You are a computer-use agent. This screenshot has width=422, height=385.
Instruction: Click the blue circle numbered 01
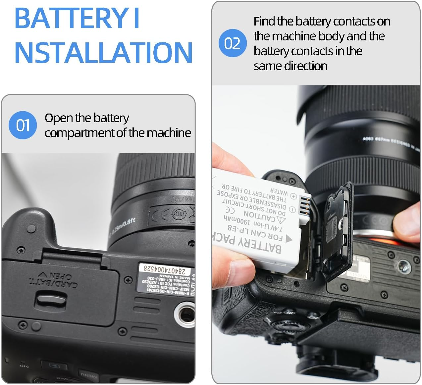tap(23, 125)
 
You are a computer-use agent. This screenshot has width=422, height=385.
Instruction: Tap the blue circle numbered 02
tap(233, 43)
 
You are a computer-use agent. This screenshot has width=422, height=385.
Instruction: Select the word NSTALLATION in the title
tap(103, 52)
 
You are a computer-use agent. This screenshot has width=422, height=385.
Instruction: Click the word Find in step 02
tap(264, 22)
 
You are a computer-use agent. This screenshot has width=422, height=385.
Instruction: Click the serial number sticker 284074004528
tap(162, 268)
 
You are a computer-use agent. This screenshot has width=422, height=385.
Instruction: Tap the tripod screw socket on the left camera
tap(182, 313)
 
